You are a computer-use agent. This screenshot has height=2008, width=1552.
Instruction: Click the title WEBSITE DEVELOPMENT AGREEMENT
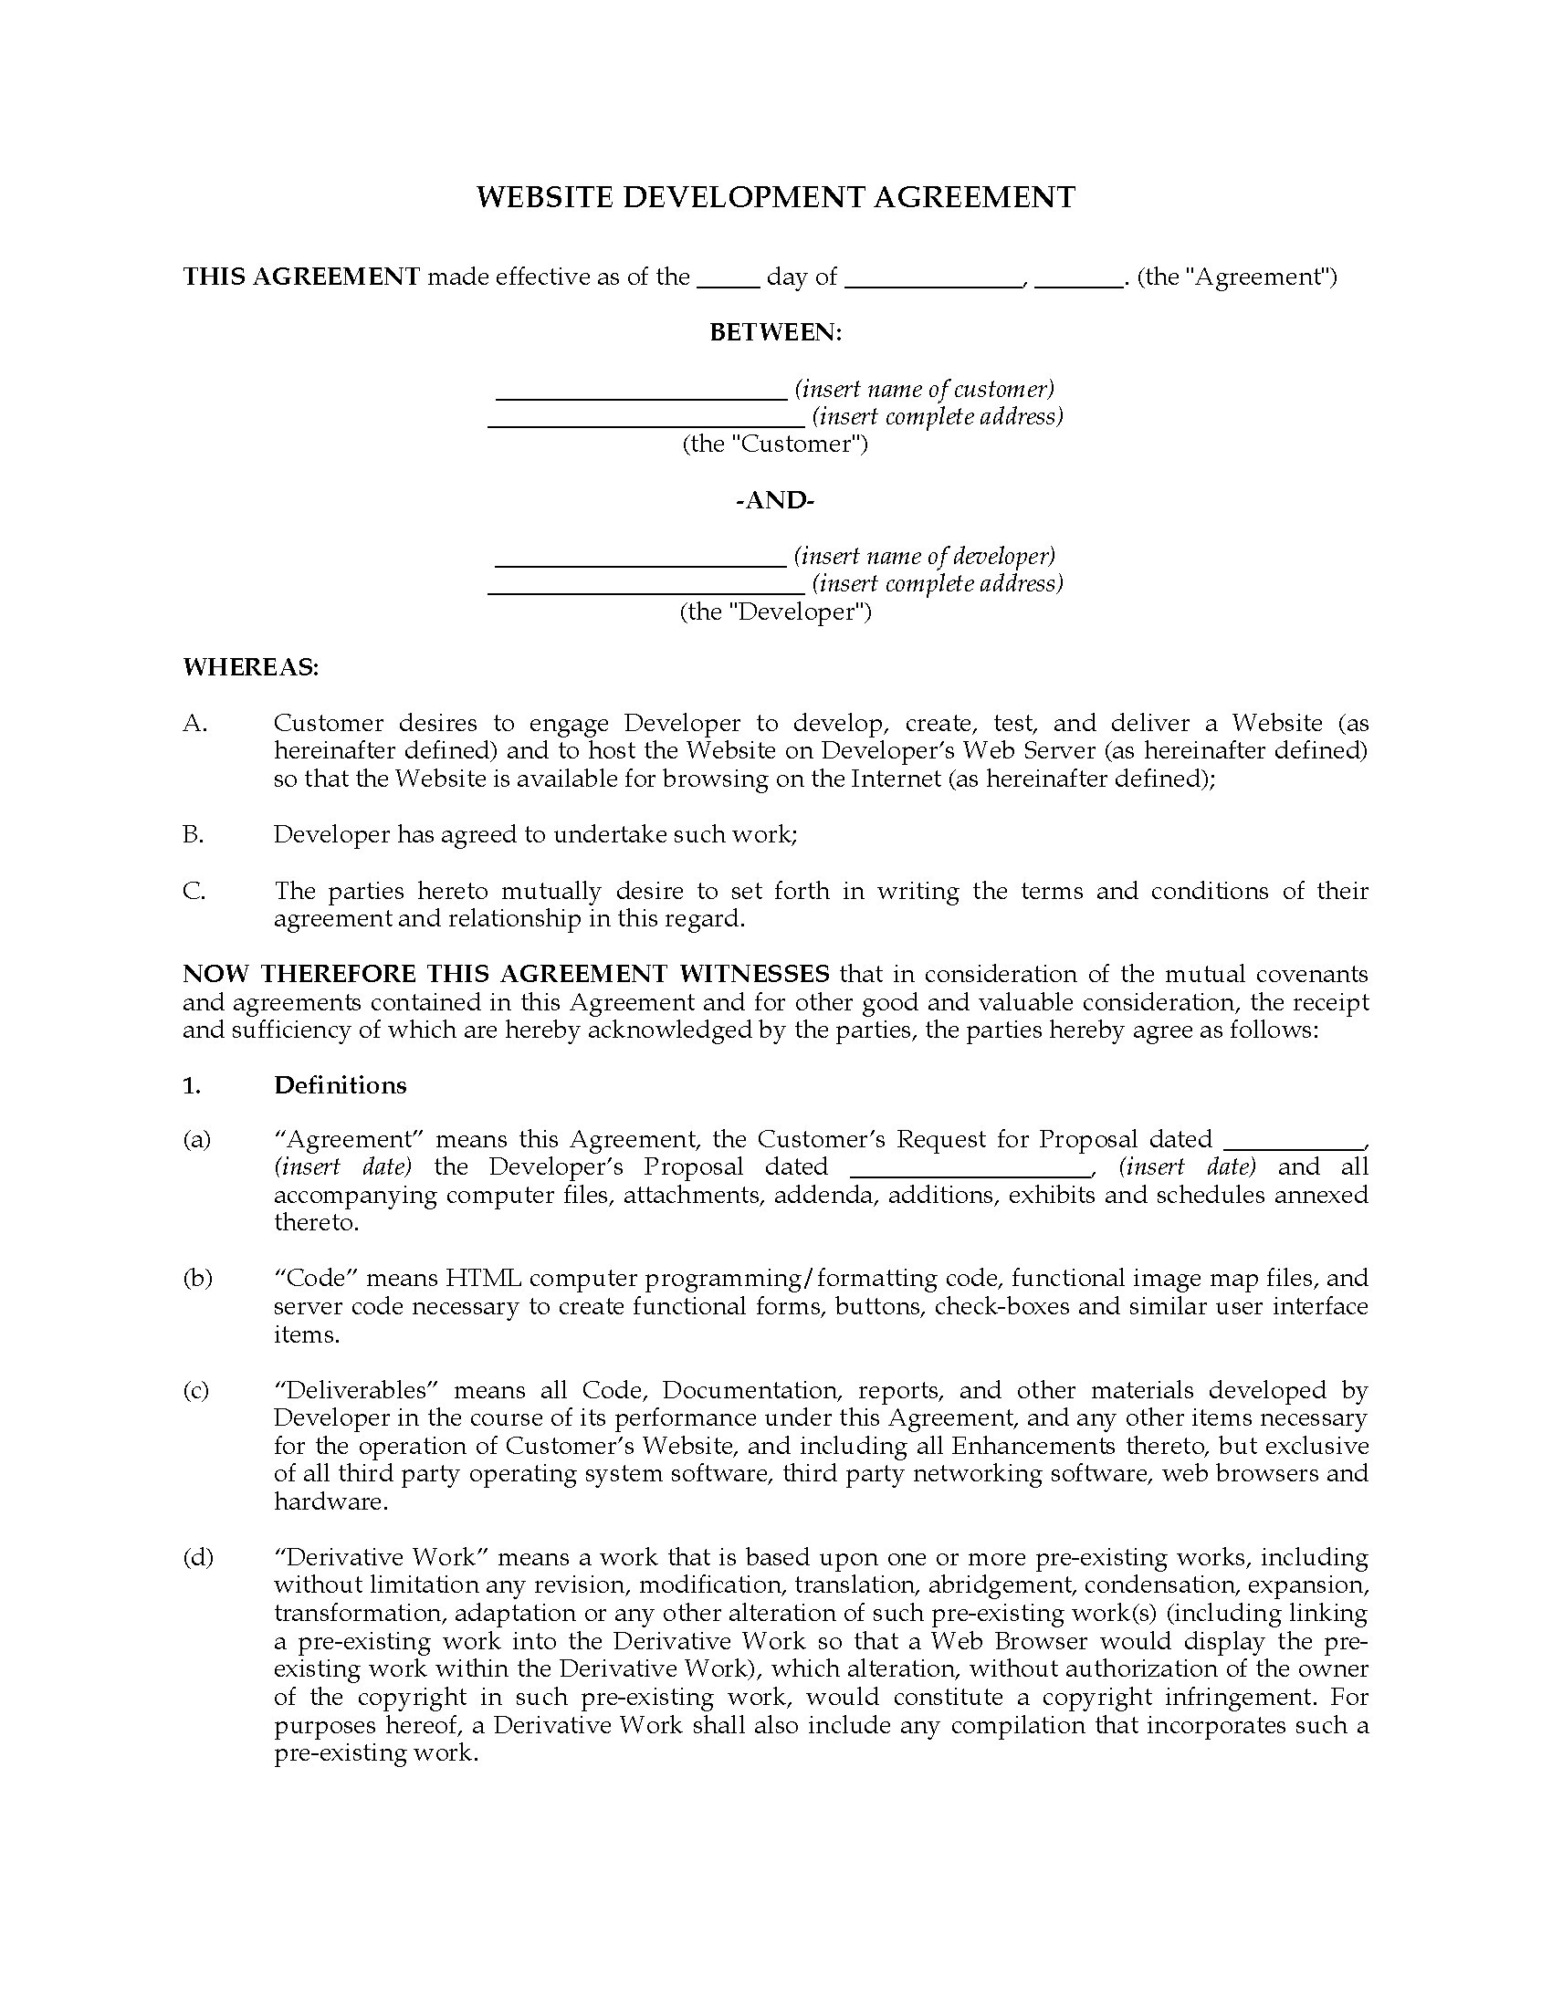(775, 198)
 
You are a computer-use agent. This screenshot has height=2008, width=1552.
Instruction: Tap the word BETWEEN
(775, 333)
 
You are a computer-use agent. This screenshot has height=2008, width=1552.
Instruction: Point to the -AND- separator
(775, 501)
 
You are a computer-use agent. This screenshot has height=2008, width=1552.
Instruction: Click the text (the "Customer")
(775, 445)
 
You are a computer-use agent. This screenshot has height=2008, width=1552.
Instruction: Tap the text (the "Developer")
(775, 612)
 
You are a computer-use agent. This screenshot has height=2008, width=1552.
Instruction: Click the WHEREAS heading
(250, 667)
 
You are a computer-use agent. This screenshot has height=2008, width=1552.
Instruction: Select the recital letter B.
(193, 835)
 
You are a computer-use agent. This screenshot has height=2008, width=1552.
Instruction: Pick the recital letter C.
(193, 891)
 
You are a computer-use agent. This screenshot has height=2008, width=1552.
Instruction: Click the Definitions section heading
(341, 1086)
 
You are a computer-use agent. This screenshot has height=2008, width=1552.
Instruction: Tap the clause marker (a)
(197, 1140)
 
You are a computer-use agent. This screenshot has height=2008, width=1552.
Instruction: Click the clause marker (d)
(198, 1557)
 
